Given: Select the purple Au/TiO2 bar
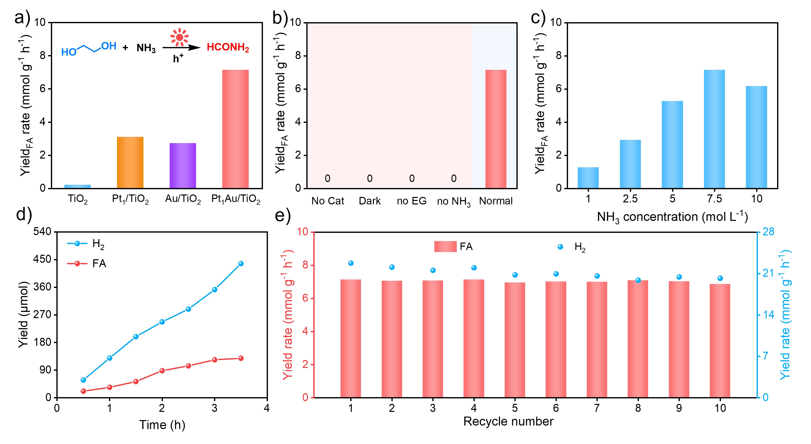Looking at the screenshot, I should pyautogui.click(x=183, y=166).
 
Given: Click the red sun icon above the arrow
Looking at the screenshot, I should pyautogui.click(x=179, y=37).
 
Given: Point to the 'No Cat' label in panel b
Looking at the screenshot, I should pyautogui.click(x=328, y=201).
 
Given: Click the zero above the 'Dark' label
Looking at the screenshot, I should pyautogui.click(x=370, y=178).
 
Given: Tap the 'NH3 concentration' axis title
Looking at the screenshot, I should pyautogui.click(x=672, y=217).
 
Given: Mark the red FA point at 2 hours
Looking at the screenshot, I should pyautogui.click(x=162, y=371).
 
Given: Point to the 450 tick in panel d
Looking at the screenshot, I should pyautogui.click(x=42, y=259).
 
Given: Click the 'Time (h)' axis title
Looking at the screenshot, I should pyautogui.click(x=162, y=425).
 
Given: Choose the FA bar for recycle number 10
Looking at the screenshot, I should pyautogui.click(x=720, y=341).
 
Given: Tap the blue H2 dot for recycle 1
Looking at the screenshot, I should pyautogui.click(x=351, y=263).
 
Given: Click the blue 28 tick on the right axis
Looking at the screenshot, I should pyautogui.click(x=768, y=232).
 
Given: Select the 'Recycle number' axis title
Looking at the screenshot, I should pyautogui.click(x=508, y=421).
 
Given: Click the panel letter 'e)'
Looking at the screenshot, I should pyautogui.click(x=282, y=216).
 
